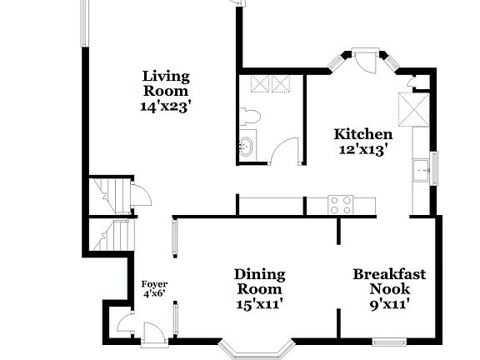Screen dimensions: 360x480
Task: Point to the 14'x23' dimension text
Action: [x=165, y=106]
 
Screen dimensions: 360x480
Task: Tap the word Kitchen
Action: [x=362, y=134]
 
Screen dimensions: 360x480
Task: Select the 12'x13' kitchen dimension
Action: [x=362, y=149]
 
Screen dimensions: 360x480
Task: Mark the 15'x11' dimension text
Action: [x=259, y=304]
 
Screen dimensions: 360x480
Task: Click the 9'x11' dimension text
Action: [x=389, y=304]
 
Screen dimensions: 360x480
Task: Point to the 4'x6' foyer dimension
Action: [x=154, y=294]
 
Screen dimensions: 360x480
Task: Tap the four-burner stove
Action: [x=339, y=205]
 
